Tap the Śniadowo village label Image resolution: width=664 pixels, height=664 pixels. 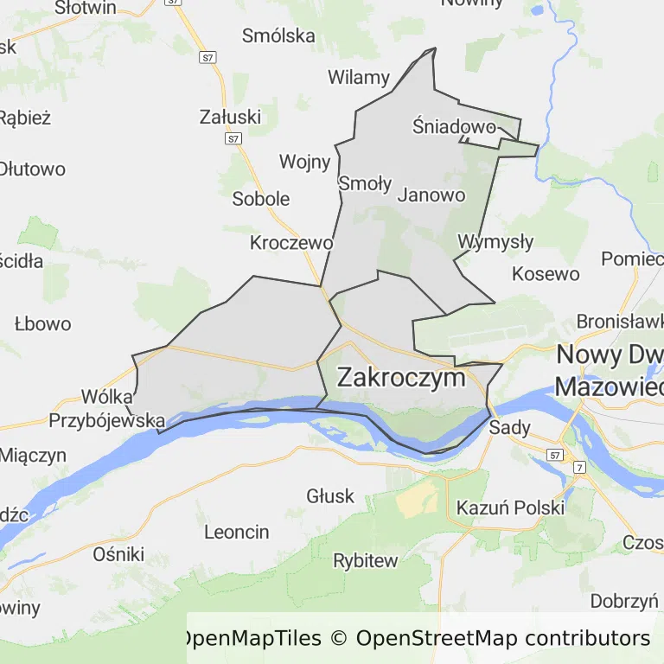pos(454,127)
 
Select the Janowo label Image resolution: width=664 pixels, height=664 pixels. pos(431,195)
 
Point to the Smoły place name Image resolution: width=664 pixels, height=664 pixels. pos(365,183)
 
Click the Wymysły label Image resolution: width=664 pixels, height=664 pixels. pos(495,241)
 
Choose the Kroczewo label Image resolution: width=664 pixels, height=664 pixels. pos(291,242)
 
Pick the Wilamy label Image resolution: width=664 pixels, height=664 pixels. pos(358,77)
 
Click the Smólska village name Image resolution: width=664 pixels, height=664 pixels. pos(278,35)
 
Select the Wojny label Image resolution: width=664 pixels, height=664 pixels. pos(304,162)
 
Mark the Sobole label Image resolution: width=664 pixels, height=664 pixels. pos(261,199)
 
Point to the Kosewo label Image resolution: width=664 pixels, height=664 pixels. pos(546,274)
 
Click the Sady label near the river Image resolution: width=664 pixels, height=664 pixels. pos(509,427)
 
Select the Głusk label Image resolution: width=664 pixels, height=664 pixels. pos(330,495)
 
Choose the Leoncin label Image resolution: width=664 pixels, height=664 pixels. pos(236,532)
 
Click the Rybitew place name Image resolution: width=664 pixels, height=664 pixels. pos(366,560)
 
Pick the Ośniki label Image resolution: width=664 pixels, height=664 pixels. pos(118,554)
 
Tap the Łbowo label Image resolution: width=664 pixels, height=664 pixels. pos(42,324)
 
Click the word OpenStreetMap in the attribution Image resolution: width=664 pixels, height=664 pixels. pos(436,638)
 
